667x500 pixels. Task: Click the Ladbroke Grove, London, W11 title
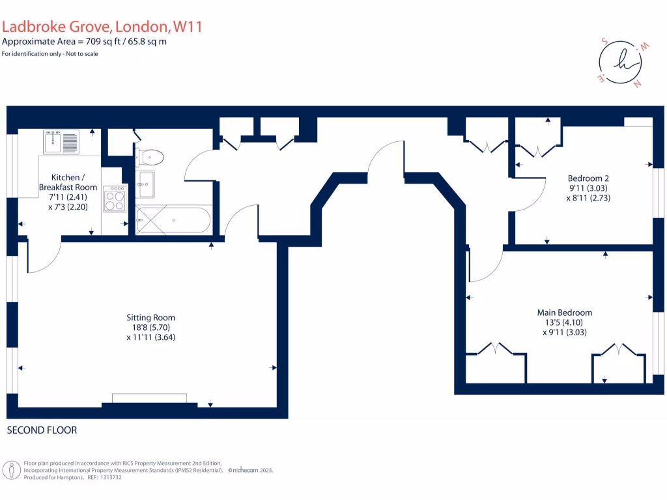tap(102, 27)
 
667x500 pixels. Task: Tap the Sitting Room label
tap(150, 318)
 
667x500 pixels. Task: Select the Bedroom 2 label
tap(588, 178)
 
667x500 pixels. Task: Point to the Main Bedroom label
tap(565, 312)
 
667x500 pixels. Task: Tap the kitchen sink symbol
tap(61, 141)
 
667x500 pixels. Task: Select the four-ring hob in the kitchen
tap(115, 198)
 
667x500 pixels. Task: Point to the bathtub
tap(173, 220)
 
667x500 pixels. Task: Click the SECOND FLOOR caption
tap(42, 430)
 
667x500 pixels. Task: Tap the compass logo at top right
tap(619, 62)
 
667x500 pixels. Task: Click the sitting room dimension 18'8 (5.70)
tap(150, 327)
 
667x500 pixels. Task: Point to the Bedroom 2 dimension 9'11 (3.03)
tap(588, 187)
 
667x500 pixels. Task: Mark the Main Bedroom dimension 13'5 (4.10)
tap(565, 322)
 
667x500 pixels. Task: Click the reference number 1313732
tap(108, 477)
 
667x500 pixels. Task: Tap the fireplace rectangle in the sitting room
tap(149, 398)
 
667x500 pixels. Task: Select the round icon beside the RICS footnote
tap(11, 469)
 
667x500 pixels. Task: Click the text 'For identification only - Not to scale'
tap(50, 53)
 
